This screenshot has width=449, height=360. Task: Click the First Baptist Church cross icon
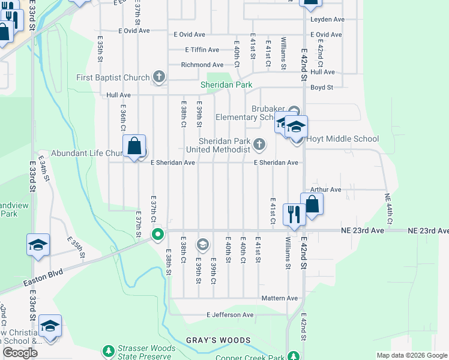pos(158,77)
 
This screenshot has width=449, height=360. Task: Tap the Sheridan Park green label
pos(226,85)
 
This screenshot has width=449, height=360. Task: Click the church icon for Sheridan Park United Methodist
pos(259,143)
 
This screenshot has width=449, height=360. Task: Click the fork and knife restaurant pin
pos(294,214)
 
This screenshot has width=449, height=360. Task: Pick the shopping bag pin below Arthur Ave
pos(312,204)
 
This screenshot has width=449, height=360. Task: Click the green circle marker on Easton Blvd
pos(158,234)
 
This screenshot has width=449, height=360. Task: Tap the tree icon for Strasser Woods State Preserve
pos(108,350)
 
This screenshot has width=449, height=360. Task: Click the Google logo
pos(20,353)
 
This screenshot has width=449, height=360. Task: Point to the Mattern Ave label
pos(279,298)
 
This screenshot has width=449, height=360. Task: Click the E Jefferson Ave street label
pos(230,314)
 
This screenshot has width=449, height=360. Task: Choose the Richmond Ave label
pos(200,65)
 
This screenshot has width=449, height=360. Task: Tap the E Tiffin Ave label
pos(202,50)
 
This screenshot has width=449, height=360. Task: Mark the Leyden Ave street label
pos(327,19)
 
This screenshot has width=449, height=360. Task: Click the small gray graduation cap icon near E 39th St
pos(203,243)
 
